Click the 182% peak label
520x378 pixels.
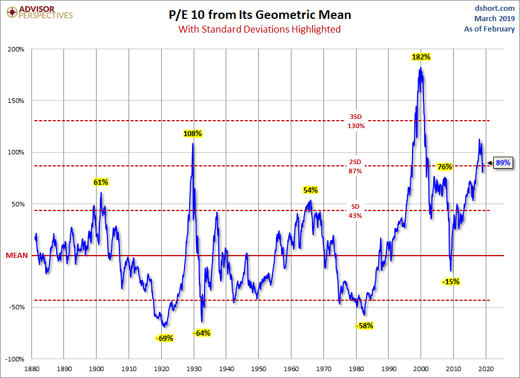[421, 57]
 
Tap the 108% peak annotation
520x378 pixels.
[193, 134]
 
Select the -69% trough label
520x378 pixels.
[164, 338]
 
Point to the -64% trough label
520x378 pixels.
[201, 333]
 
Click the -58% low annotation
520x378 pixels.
[364, 326]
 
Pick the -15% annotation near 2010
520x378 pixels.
[450, 281]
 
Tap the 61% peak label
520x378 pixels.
[101, 182]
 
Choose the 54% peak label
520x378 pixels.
[310, 190]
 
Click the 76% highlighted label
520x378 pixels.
[445, 167]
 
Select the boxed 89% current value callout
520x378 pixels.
[503, 163]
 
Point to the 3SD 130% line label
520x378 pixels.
[355, 121]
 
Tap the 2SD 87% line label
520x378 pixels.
[355, 166]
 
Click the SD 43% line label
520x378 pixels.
[355, 211]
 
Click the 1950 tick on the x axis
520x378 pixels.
[259, 369]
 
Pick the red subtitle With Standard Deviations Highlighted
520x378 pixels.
[259, 29]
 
